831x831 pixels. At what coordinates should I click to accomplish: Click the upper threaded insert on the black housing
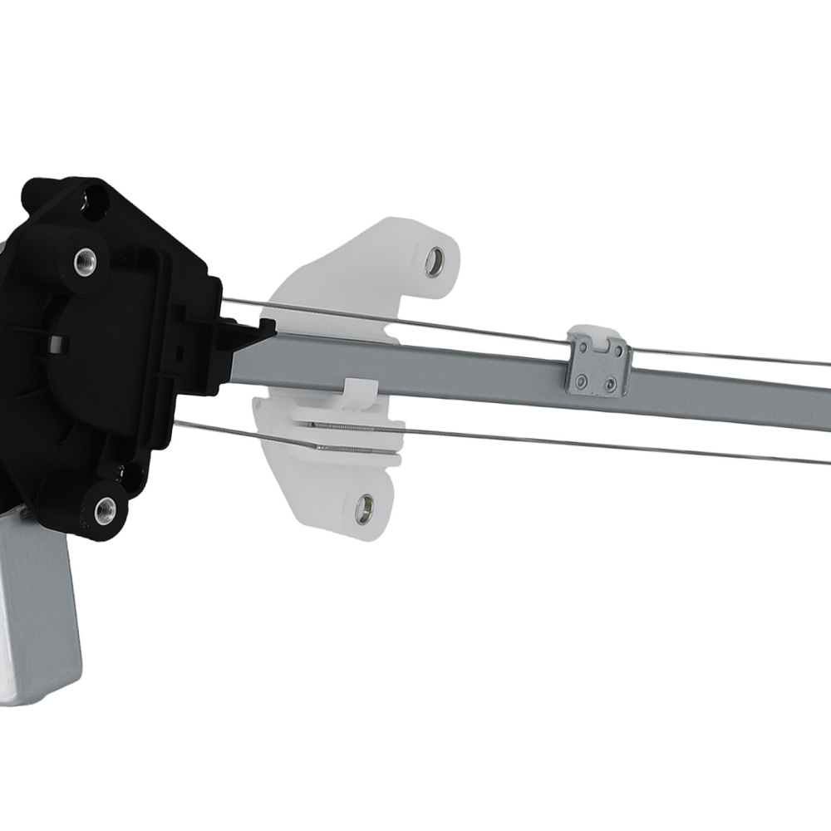[85, 262]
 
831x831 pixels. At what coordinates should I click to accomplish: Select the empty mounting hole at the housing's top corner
[94, 202]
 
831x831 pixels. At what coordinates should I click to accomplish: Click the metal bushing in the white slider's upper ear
[434, 263]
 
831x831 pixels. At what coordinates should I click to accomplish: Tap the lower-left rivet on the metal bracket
[582, 382]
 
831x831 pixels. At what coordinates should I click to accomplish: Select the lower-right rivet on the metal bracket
[611, 385]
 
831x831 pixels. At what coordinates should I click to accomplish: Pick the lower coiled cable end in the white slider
[349, 450]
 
